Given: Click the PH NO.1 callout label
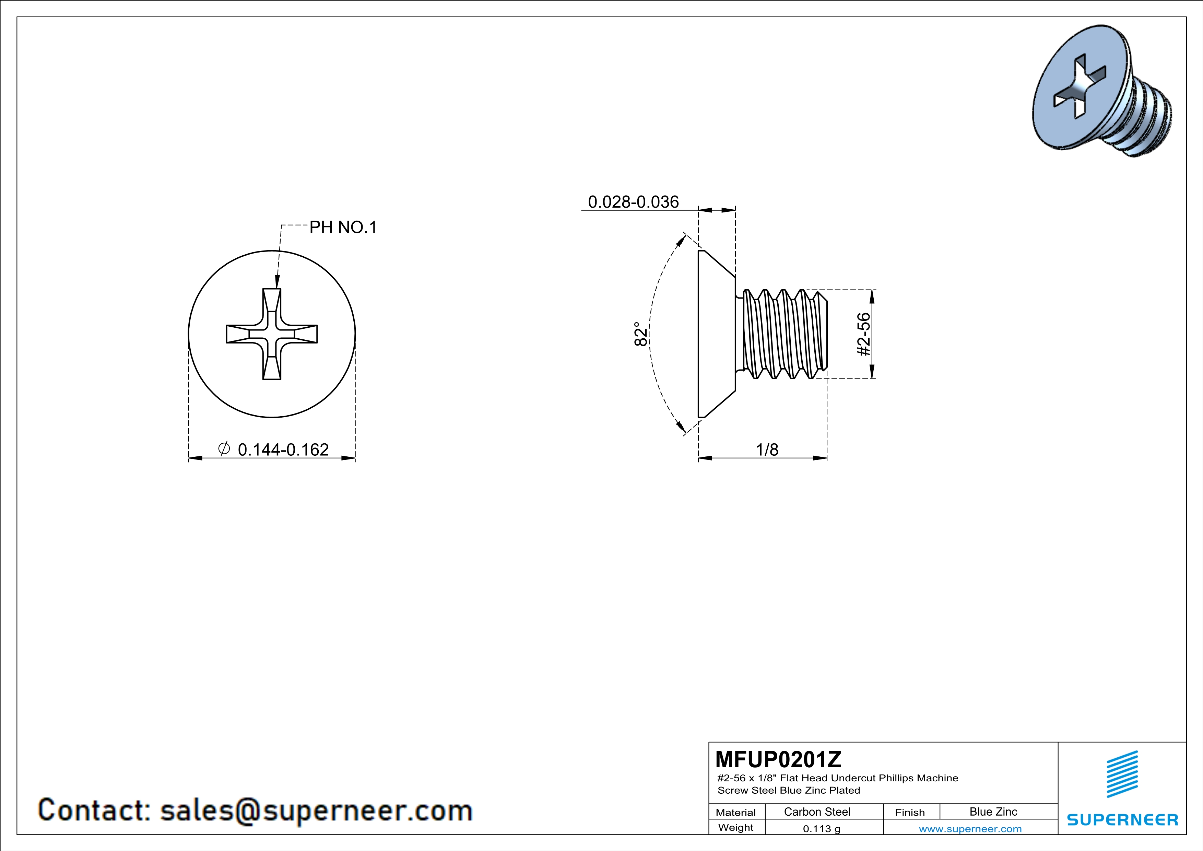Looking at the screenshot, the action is (343, 228).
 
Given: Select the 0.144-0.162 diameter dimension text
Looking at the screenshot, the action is (283, 450).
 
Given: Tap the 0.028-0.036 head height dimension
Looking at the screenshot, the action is (634, 202).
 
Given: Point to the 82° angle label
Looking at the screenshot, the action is (641, 334).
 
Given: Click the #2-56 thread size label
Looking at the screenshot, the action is (863, 334).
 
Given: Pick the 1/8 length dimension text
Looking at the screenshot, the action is (767, 450).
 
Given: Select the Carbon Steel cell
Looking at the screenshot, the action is (817, 812).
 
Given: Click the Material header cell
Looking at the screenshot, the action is (736, 812).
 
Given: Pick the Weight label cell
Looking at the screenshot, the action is (736, 827).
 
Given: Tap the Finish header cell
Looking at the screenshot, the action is (910, 812).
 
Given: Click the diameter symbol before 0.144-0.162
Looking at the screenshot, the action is (224, 448).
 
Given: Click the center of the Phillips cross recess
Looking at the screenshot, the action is (271, 334).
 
